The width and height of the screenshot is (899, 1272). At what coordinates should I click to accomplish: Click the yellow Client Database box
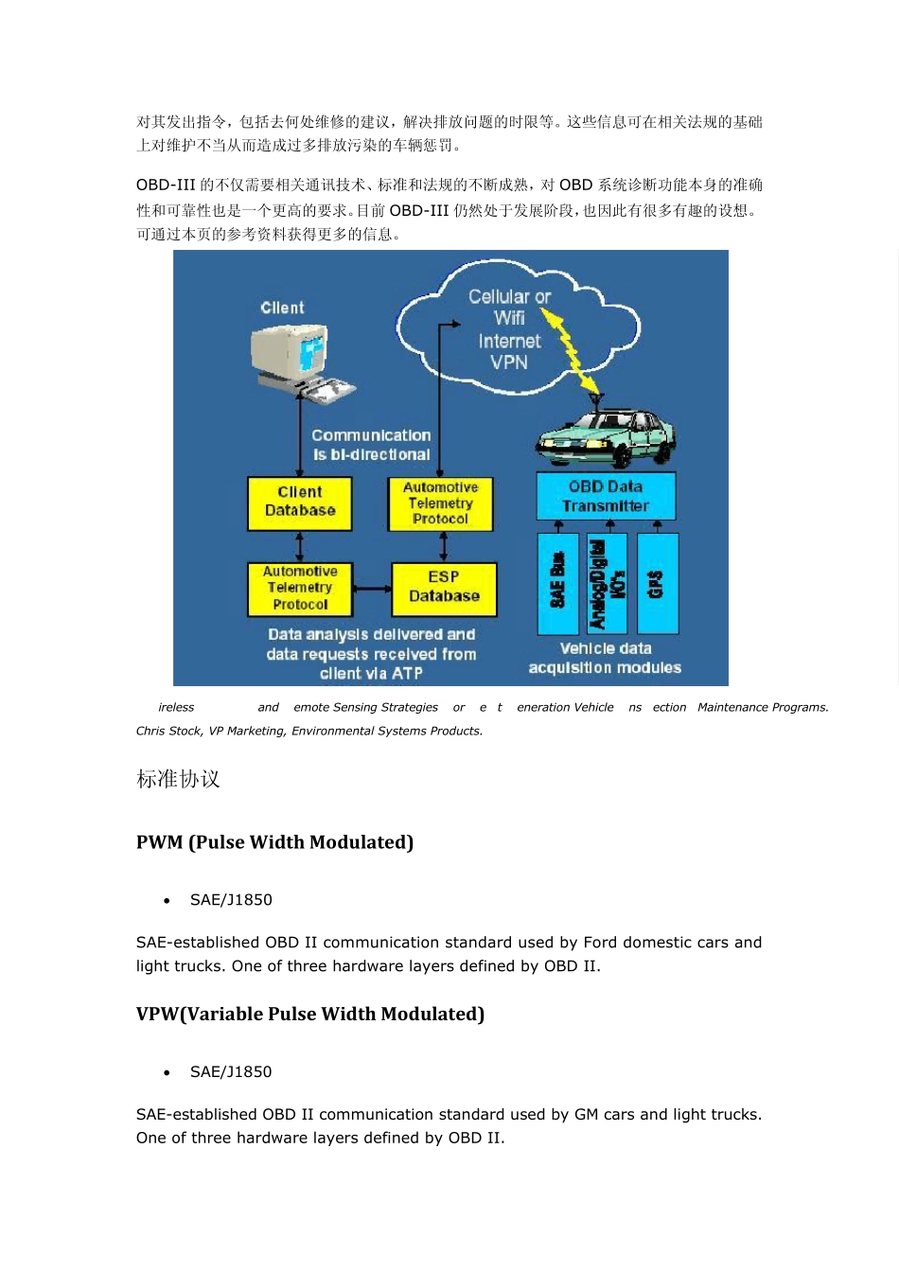(x=299, y=503)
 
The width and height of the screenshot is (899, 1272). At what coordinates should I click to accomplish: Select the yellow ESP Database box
(x=444, y=588)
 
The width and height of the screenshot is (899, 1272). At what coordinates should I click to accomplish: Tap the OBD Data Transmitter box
(x=606, y=496)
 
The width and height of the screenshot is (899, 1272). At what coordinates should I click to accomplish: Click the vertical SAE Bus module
(x=557, y=582)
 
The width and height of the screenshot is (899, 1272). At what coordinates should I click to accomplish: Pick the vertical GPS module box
(x=657, y=582)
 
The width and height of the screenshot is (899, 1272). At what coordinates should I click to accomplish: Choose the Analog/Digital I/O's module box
(x=607, y=582)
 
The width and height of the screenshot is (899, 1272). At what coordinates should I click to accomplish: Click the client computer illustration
(x=298, y=359)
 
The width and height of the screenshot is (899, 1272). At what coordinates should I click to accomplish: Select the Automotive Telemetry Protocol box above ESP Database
(x=440, y=503)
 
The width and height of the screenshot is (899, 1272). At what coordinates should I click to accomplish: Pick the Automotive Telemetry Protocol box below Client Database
(x=300, y=588)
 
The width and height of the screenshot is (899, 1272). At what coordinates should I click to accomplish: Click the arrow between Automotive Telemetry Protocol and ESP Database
(x=372, y=589)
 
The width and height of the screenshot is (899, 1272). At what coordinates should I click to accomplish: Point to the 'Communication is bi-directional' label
(x=371, y=445)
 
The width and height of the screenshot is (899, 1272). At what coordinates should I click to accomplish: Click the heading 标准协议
(x=178, y=779)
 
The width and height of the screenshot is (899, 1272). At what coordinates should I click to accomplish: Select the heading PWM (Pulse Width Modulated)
(x=274, y=842)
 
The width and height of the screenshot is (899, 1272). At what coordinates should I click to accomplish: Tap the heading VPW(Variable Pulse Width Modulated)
(x=310, y=1014)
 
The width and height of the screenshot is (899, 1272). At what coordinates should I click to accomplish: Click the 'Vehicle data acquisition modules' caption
(x=605, y=658)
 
